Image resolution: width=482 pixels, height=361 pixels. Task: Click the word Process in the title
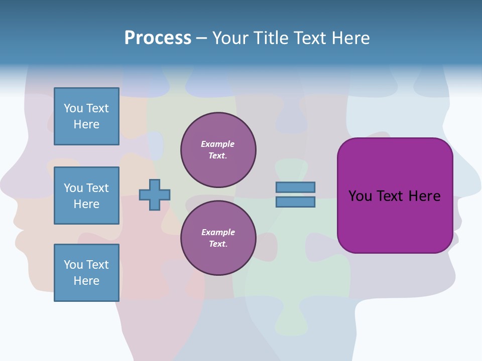coord(158,38)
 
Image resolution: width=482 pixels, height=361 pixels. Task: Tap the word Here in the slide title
coord(349,38)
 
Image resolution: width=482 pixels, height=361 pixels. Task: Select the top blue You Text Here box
coord(86,116)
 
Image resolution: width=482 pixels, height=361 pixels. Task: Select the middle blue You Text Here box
coord(86,196)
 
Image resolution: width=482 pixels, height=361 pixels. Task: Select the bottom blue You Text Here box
coord(86,272)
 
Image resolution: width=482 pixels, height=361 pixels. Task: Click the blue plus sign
coord(155,195)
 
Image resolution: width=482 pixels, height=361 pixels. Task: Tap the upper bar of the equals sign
coord(295,187)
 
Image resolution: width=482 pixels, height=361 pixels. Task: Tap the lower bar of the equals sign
coord(295,202)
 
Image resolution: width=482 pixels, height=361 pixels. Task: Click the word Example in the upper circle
coord(217,144)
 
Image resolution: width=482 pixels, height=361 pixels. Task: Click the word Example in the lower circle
coord(218,232)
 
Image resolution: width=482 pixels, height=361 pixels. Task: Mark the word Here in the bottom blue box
coord(86,281)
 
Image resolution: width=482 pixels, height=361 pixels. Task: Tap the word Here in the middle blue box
coord(86,204)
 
